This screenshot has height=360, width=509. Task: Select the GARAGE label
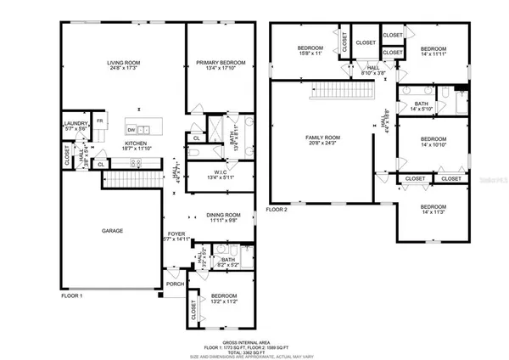112,230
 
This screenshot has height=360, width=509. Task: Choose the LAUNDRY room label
76,126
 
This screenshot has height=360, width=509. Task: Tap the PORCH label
174,284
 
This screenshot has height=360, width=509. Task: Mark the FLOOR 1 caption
72,295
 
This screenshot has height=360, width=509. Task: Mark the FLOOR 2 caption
277,209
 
